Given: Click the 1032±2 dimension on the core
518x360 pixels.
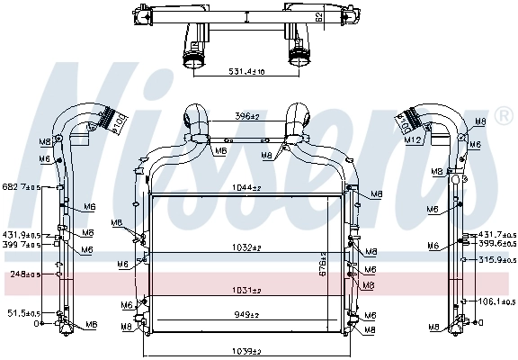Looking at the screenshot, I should (246, 247).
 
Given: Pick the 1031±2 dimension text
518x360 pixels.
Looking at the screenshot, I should (246, 290).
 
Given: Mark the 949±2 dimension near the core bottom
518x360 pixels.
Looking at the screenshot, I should (246, 315).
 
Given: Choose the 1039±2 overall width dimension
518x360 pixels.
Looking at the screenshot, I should (246, 350).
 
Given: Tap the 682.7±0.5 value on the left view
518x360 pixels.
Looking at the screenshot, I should (20, 187).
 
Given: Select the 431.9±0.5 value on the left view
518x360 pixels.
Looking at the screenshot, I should (20, 234).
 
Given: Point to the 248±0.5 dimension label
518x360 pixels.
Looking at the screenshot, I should (22, 274).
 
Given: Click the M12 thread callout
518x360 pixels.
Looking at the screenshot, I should (415, 140).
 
